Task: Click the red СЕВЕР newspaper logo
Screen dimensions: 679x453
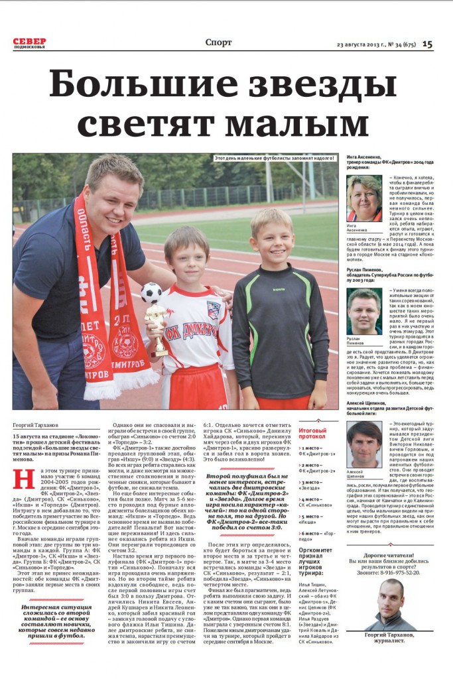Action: coord(30,41)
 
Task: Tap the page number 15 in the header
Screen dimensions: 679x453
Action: coord(427,44)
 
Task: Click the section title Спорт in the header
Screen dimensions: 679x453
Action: coord(219,42)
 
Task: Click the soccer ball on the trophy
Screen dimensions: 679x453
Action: coord(151,292)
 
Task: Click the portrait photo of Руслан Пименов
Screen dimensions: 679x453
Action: coord(364,311)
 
